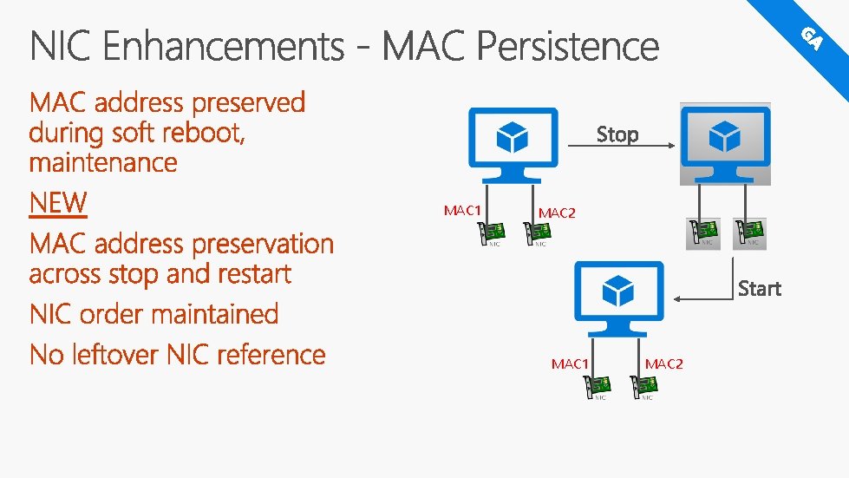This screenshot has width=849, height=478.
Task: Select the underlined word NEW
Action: click(58, 203)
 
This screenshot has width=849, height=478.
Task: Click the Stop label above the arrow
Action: click(617, 134)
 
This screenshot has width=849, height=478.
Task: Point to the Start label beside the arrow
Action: click(759, 288)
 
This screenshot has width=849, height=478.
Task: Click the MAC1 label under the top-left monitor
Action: click(462, 210)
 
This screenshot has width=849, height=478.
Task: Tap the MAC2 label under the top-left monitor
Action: click(556, 213)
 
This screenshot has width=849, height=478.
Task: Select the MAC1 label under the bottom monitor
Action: click(570, 364)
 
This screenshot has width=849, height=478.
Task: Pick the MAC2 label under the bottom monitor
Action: click(663, 364)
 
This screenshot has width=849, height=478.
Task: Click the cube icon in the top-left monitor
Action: click(512, 137)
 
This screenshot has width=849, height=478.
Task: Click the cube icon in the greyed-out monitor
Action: click(725, 136)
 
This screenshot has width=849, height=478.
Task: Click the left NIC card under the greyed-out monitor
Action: click(703, 232)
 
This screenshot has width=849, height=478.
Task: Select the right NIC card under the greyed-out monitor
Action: click(749, 232)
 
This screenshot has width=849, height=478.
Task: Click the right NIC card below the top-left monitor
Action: click(537, 233)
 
